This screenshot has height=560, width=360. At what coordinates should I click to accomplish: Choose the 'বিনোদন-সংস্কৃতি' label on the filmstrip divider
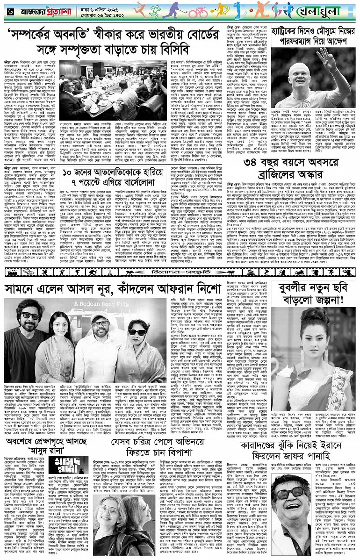(180, 270)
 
